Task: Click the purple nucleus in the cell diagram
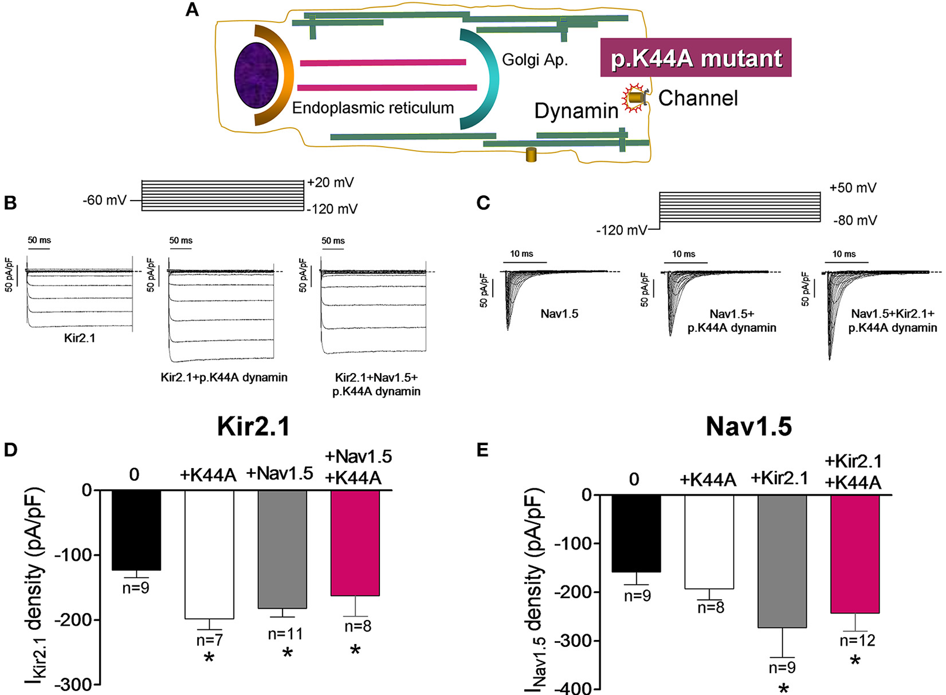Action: pos(256,75)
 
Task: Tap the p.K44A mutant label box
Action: pos(696,57)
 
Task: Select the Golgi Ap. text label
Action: pos(535,60)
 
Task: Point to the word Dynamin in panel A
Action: pos(576,111)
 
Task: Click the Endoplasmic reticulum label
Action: pos(373,108)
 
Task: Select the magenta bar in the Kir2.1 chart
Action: pos(355,543)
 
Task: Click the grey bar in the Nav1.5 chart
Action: pos(782,561)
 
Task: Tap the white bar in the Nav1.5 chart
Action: pos(710,541)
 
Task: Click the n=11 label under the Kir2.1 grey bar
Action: pos(285,634)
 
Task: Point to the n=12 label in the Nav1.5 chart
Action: pos(857,640)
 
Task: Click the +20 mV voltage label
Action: pos(331,182)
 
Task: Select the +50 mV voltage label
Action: pos(853,188)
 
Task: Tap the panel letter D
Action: pos(11,450)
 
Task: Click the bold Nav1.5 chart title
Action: pos(748,426)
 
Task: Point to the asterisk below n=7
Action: pos(209,658)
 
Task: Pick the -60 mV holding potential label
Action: pos(104,201)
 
